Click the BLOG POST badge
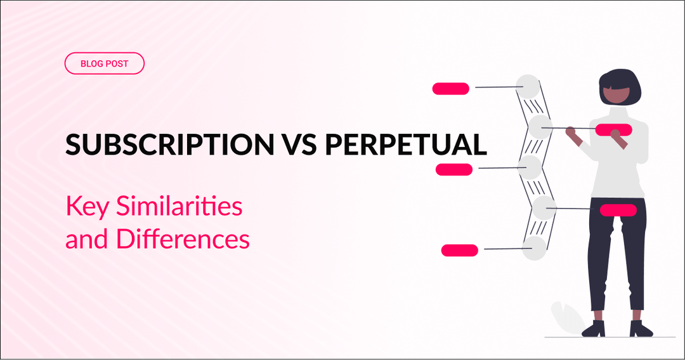click(x=104, y=63)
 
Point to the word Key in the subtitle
click(x=86, y=207)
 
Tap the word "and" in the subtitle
click(x=86, y=240)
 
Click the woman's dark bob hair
click(x=616, y=81)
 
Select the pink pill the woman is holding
click(x=613, y=129)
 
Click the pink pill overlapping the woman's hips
click(x=618, y=210)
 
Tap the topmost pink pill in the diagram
click(x=450, y=89)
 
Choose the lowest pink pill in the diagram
click(x=459, y=250)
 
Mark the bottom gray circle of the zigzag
click(x=533, y=248)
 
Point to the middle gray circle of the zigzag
click(x=530, y=167)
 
